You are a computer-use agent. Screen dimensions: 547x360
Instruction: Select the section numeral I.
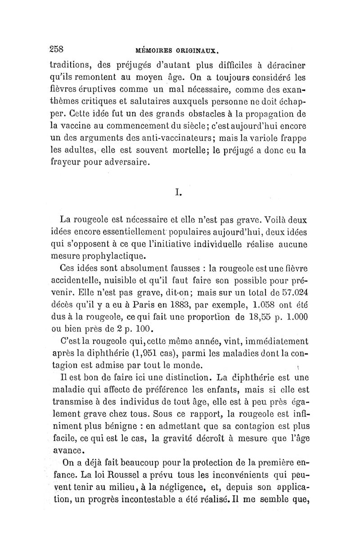point(179,193)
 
